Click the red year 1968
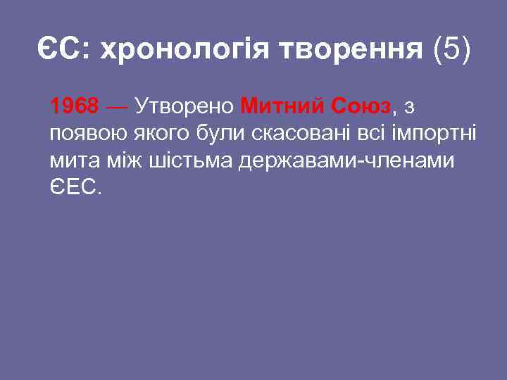click(x=75, y=106)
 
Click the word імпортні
click(x=434, y=134)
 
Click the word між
click(x=126, y=161)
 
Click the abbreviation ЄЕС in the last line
click(x=75, y=189)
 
